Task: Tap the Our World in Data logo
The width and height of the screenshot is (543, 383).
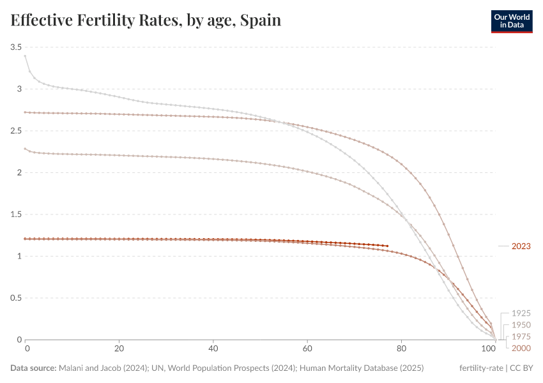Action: (511, 20)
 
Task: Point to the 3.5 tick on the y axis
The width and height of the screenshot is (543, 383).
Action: (16, 47)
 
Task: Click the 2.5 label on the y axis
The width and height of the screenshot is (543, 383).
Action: (16, 131)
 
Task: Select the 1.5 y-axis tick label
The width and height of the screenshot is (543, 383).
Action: (16, 214)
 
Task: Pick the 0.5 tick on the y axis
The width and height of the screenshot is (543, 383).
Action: (16, 298)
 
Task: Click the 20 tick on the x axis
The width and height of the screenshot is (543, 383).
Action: (119, 349)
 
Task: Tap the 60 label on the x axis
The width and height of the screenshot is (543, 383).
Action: (307, 349)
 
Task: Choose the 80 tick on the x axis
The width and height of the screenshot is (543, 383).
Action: (401, 349)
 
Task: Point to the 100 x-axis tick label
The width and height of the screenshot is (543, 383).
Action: (490, 349)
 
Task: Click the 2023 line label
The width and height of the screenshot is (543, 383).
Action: (521, 246)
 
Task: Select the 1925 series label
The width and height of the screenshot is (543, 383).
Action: (521, 313)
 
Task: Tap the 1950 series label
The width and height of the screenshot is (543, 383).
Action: (521, 325)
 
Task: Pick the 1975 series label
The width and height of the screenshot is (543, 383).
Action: (521, 336)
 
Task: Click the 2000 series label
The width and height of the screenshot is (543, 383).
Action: (521, 348)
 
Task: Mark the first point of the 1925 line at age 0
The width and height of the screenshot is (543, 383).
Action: (26, 56)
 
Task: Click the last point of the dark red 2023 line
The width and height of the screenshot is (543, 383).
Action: (387, 246)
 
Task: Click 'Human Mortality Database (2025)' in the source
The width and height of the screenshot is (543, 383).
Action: (362, 368)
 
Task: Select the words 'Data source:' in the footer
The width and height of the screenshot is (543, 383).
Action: (33, 368)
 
